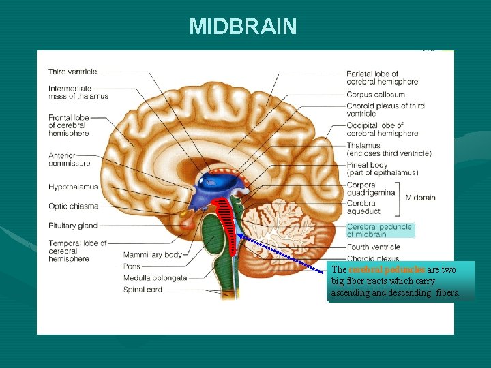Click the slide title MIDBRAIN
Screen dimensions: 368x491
tap(243, 27)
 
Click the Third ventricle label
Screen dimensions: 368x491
tap(73, 72)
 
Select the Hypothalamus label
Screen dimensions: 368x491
tap(73, 187)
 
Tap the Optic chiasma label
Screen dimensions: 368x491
tap(74, 206)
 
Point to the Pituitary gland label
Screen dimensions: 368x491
tap(73, 226)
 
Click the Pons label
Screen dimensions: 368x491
tap(132, 266)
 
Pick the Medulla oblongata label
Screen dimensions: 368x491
tap(155, 278)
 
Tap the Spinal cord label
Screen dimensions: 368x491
tap(143, 290)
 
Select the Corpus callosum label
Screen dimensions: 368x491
tap(375, 95)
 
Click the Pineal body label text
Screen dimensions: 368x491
tap(367, 165)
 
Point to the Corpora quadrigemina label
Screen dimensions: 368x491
tap(370, 188)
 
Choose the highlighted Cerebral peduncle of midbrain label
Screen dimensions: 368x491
tap(379, 230)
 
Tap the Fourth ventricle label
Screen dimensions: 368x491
tap(373, 247)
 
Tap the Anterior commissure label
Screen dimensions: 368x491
tap(69, 159)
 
